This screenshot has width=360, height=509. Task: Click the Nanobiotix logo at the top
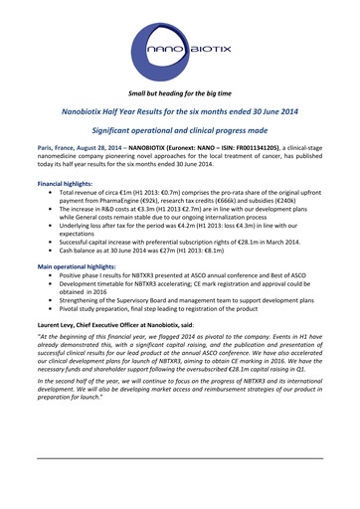[179, 47]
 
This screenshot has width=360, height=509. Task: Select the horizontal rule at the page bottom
[179, 458]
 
